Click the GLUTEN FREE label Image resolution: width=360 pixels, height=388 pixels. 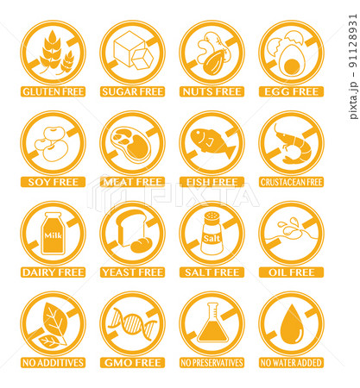[x=53, y=91]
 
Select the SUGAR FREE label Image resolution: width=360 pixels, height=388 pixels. [x=132, y=91]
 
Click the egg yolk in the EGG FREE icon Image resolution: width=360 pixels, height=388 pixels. [x=292, y=66]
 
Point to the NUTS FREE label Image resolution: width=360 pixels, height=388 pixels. [x=212, y=91]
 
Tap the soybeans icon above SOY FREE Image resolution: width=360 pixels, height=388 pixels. [x=52, y=144]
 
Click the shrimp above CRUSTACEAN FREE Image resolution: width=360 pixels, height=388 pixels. [x=294, y=144]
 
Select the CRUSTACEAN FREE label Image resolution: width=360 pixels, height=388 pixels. [x=291, y=182]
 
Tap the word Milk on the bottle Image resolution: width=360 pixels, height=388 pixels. [x=54, y=235]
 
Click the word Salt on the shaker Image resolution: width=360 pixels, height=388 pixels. [x=212, y=238]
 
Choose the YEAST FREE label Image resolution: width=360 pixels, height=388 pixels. [x=132, y=272]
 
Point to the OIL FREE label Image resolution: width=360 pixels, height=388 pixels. [x=291, y=272]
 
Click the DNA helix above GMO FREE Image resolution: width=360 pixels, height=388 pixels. [x=132, y=324]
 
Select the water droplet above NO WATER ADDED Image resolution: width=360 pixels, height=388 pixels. [x=292, y=324]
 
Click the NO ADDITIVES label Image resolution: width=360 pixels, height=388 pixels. [x=53, y=363]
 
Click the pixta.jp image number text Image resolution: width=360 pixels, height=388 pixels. [x=353, y=66]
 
